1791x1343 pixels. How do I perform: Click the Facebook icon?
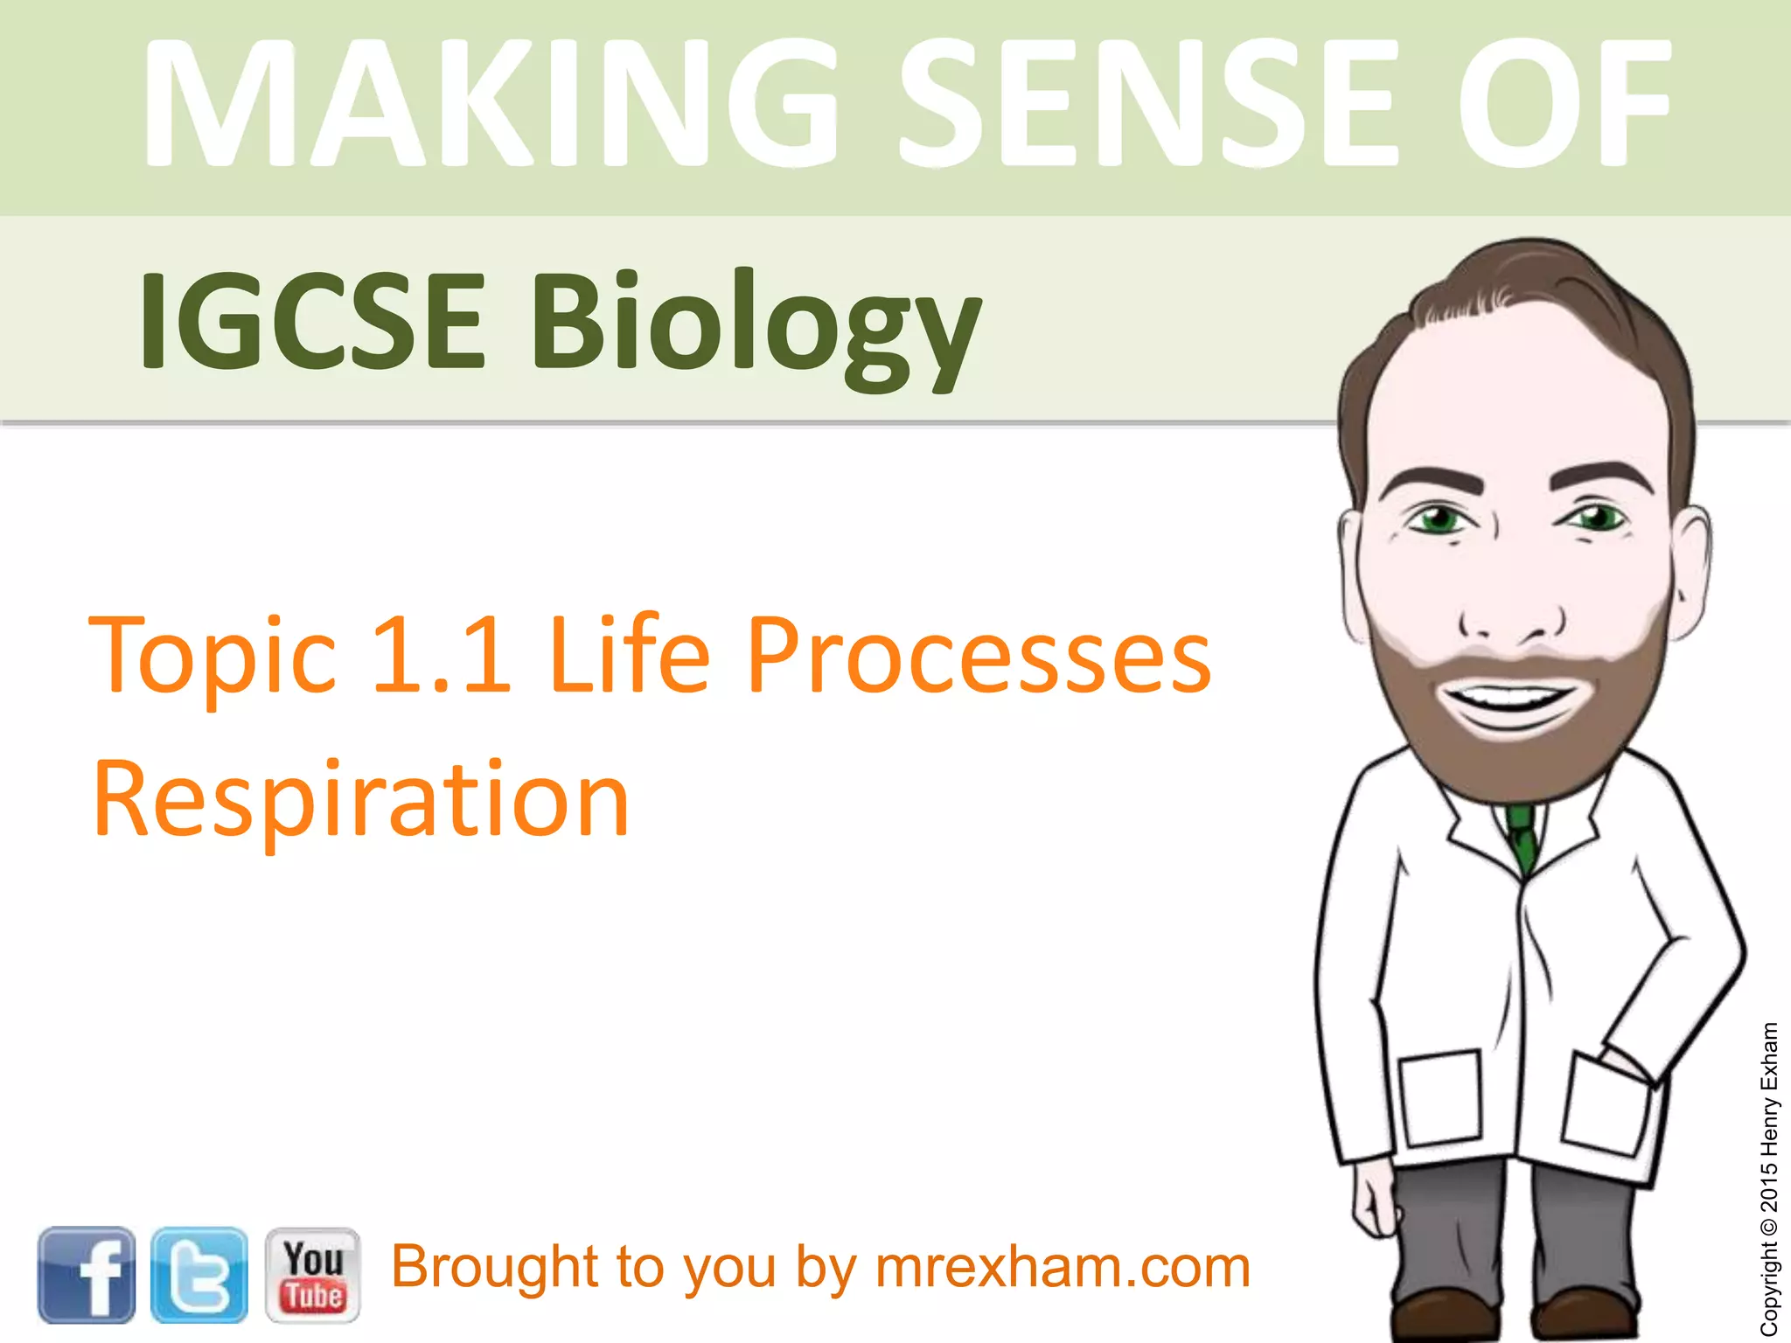tap(86, 1274)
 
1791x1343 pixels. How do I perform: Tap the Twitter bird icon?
tap(199, 1274)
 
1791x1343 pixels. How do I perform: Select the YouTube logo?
tap(312, 1274)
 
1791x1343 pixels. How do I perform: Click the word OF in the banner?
tap(1562, 103)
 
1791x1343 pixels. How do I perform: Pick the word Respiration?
tap(360, 799)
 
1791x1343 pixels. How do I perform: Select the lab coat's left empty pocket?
tap(1441, 1098)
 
